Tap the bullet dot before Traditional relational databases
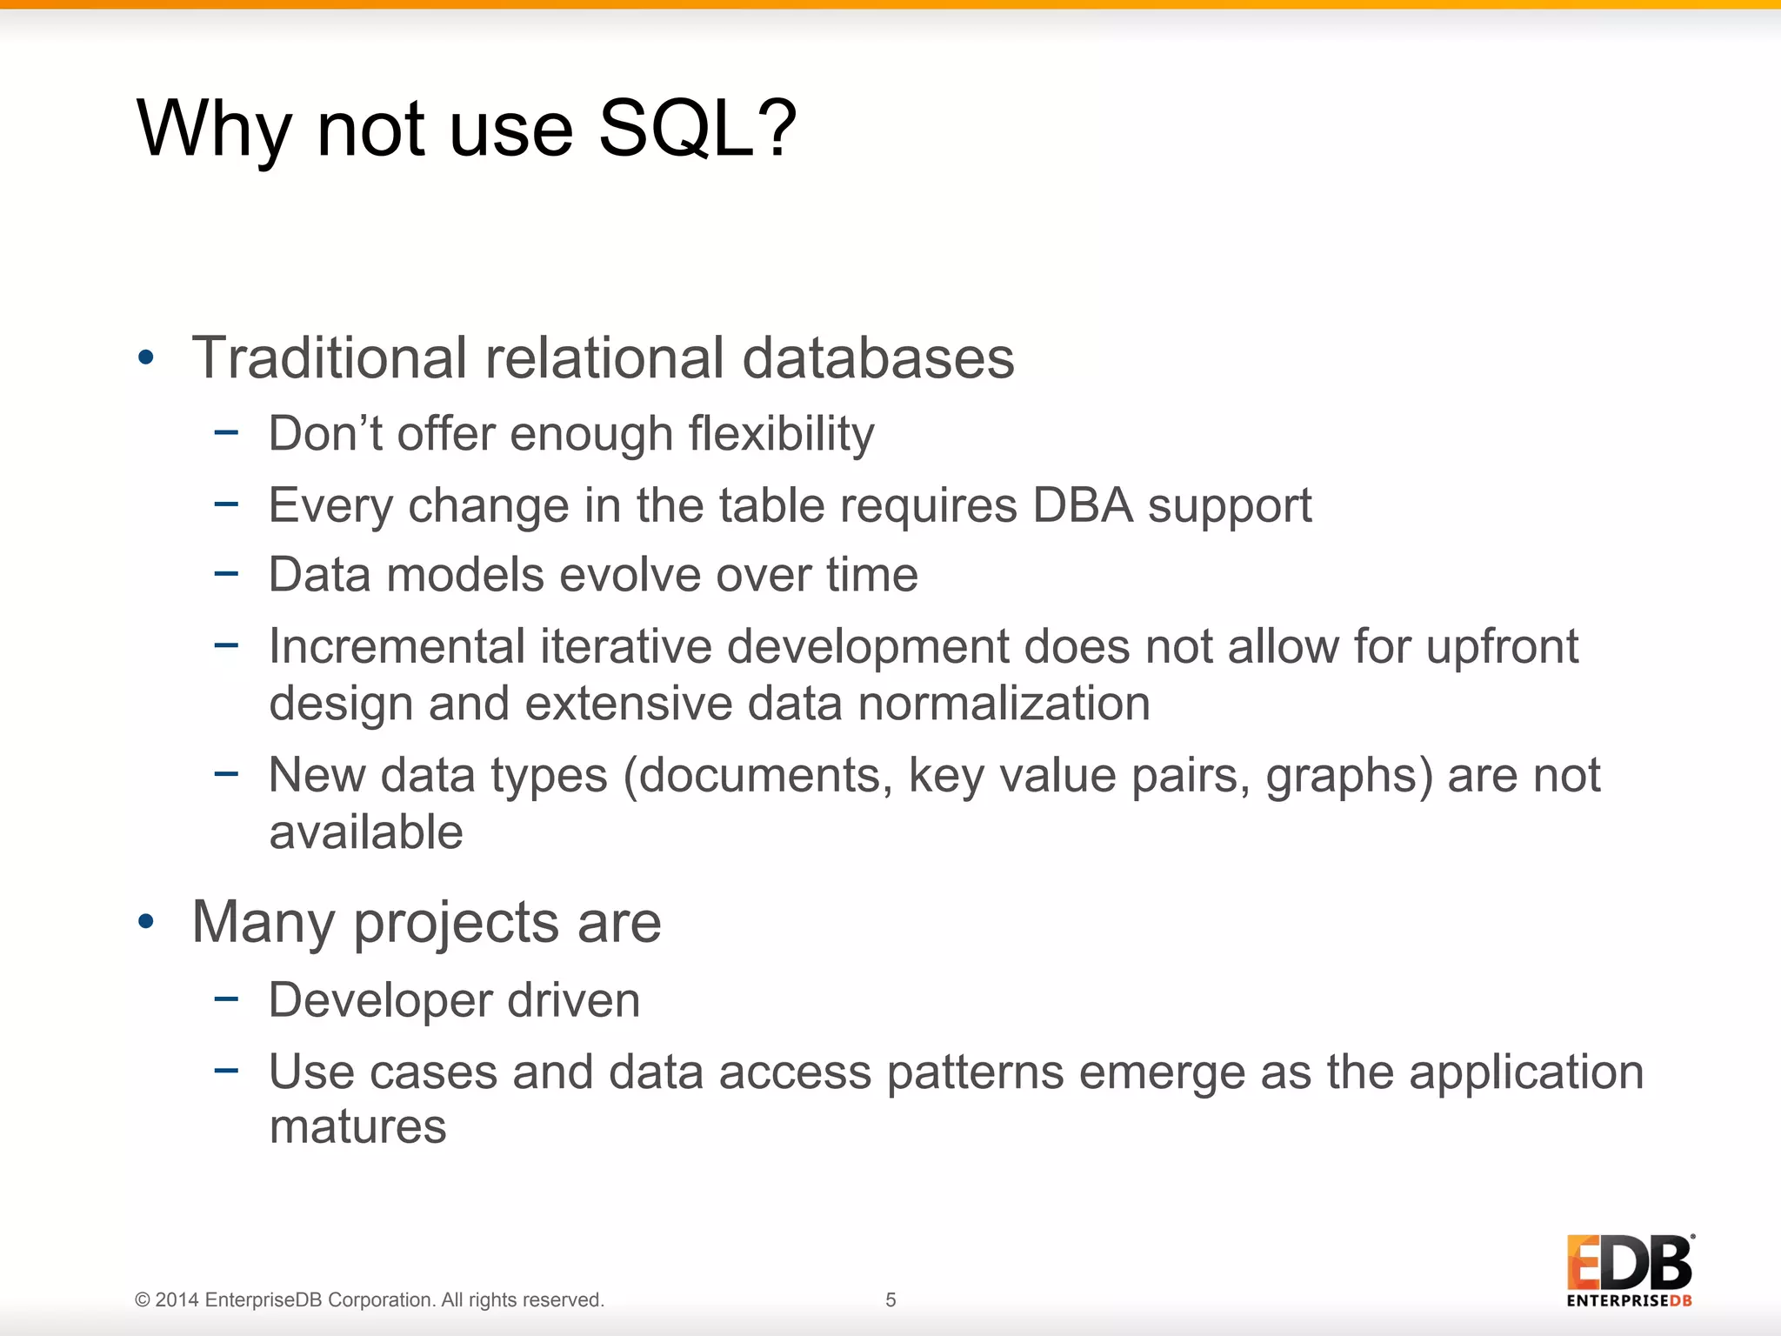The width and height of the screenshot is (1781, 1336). tap(146, 357)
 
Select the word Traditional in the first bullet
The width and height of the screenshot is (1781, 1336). tap(330, 357)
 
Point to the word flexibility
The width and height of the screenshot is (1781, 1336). tap(781, 434)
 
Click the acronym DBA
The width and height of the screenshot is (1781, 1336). tap(1083, 505)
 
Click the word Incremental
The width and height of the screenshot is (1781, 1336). tap(397, 647)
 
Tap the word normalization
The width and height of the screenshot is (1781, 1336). tap(1004, 703)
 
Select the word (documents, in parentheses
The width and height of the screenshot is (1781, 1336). tap(757, 775)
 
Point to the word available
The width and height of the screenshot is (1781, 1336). tap(366, 832)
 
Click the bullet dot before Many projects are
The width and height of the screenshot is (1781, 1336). tap(146, 921)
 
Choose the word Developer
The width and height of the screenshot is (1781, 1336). tap(380, 1000)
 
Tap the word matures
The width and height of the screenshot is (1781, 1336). tap(357, 1127)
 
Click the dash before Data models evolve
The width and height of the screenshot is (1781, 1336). tap(226, 573)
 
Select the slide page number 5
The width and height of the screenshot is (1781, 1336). tap(890, 1299)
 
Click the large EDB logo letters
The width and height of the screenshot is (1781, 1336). tap(1629, 1263)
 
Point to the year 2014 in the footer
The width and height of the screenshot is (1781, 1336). tap(177, 1300)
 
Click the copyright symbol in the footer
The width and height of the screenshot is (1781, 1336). tap(143, 1300)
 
